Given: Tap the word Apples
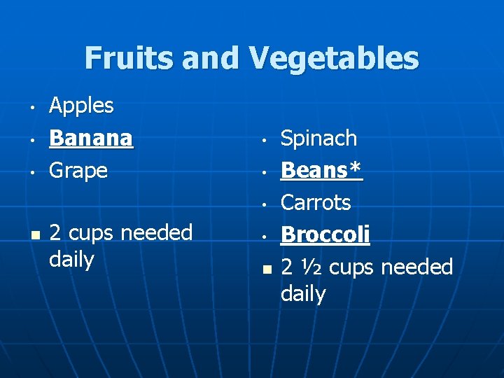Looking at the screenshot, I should (81, 106).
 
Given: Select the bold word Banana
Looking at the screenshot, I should (91, 138).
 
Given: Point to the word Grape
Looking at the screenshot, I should (78, 170).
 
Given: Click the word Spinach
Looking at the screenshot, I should (318, 138).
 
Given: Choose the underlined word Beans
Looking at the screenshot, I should (314, 170).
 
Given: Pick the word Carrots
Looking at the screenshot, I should (316, 202).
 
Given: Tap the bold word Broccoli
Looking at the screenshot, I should (325, 234).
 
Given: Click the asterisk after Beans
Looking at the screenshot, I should (356, 169).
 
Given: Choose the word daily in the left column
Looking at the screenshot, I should (71, 260).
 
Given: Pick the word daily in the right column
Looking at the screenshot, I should (303, 293).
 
